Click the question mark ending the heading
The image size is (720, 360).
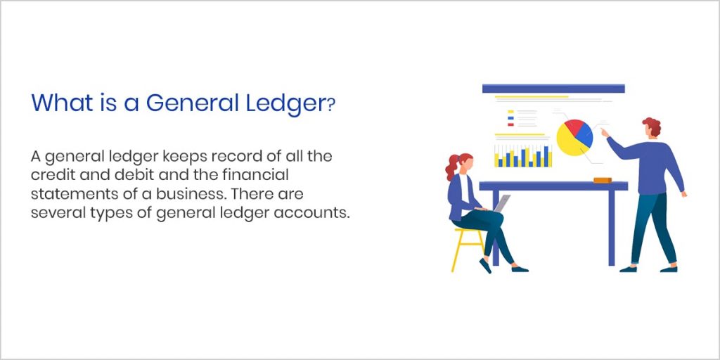tap(330, 105)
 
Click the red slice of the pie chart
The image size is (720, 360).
tap(572, 127)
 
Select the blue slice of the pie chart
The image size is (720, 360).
tap(584, 137)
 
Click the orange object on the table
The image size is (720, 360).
tap(602, 180)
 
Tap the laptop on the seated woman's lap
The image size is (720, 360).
tap(501, 202)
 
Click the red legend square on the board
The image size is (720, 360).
tap(510, 124)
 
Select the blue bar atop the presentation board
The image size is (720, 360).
tap(553, 89)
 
